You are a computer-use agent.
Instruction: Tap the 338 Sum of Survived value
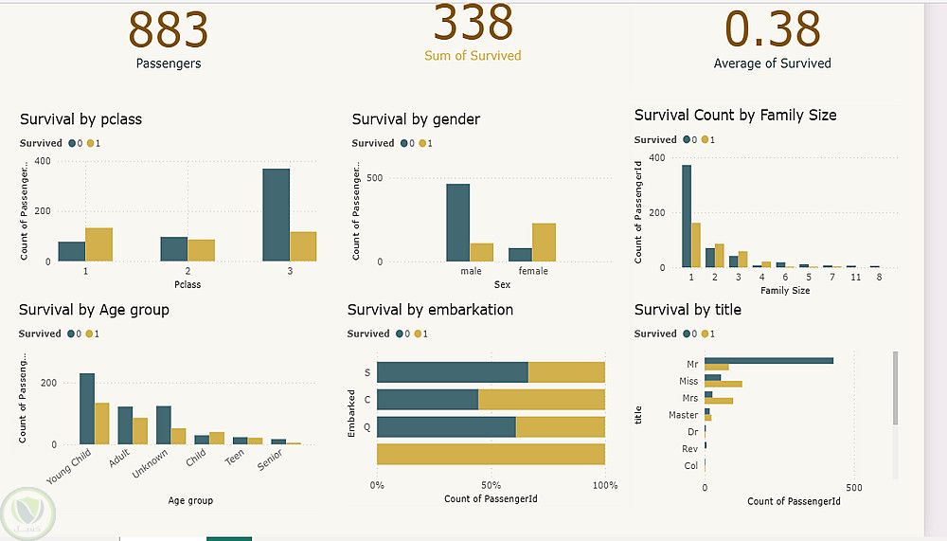pos(473,23)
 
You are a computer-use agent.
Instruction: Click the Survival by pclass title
pos(80,119)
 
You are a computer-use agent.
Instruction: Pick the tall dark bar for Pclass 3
pos(276,215)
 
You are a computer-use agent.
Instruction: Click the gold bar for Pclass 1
pos(98,244)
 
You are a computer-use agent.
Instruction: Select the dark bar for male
pos(457,223)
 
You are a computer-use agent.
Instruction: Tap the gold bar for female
pos(544,243)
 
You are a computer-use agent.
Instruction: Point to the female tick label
pos(533,272)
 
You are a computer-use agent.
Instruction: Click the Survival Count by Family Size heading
pos(735,115)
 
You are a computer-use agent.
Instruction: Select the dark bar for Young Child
pos(86,408)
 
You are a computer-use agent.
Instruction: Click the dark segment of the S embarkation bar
pos(452,372)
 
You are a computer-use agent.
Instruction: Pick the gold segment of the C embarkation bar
pos(541,400)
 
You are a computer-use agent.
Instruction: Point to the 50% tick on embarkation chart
pos(491,486)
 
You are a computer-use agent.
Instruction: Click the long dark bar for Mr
pos(769,360)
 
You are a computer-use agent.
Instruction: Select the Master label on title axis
pos(683,415)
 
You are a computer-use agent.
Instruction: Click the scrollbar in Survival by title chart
pos(895,388)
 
